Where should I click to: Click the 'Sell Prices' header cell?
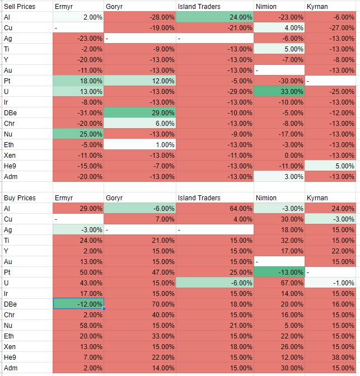19,7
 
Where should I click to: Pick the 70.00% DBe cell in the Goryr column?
139,303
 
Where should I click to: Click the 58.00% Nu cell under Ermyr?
78,325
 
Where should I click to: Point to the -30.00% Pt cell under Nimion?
278,81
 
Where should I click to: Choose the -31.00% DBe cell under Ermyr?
78,112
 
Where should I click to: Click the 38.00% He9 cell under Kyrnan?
330,357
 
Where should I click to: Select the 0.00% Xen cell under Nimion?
278,155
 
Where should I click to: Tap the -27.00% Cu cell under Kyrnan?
330,27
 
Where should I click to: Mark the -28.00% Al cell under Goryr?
139,17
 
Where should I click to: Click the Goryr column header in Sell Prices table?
114,7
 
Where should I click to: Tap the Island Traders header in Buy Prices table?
199,198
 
